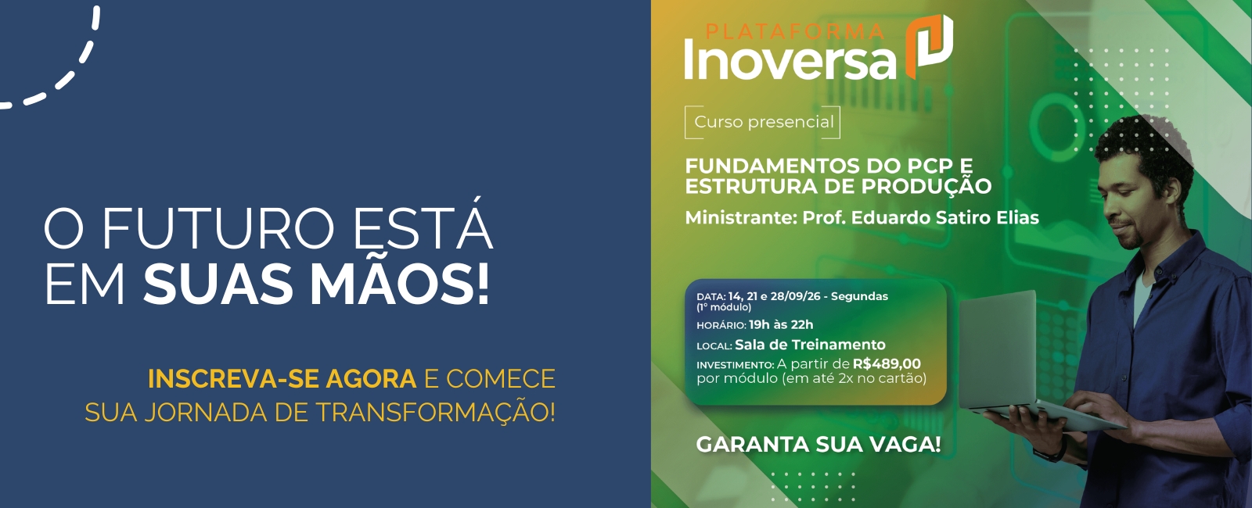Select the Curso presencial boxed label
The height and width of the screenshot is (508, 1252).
click(x=762, y=122)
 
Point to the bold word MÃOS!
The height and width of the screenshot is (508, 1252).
click(x=400, y=284)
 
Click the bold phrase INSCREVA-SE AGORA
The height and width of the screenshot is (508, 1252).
click(x=282, y=378)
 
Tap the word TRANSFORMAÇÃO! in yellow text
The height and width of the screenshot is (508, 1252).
click(x=436, y=411)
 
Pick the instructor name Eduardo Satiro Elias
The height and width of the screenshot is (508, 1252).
click(x=944, y=217)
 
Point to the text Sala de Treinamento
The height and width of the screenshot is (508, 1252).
click(x=810, y=345)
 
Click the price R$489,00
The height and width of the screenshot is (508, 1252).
click(x=887, y=363)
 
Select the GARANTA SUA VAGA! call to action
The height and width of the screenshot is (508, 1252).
click(x=818, y=445)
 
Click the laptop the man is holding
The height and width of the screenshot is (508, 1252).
click(x=1023, y=363)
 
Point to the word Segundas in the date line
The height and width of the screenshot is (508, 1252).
click(x=859, y=296)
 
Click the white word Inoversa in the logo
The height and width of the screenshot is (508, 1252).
click(x=790, y=59)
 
